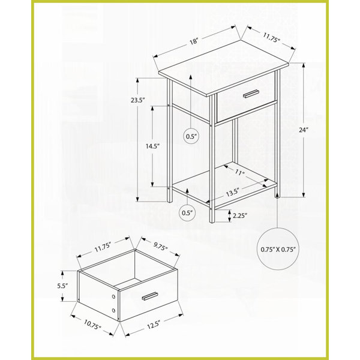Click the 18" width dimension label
coord(194,41)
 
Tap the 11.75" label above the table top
coord(272,37)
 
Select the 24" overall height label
coord(303,130)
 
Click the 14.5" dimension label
coord(152,146)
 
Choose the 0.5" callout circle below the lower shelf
coord(188,212)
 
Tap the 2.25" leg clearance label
coord(240,215)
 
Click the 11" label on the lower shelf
coord(240,172)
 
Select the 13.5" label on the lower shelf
coord(233,193)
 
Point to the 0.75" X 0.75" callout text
coord(278,249)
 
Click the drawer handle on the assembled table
coord(251,94)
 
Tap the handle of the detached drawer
coord(150,296)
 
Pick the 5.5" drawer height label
coord(62,286)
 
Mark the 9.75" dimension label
coord(160,247)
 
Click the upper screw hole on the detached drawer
coord(113,296)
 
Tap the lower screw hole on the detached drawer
coord(113,311)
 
